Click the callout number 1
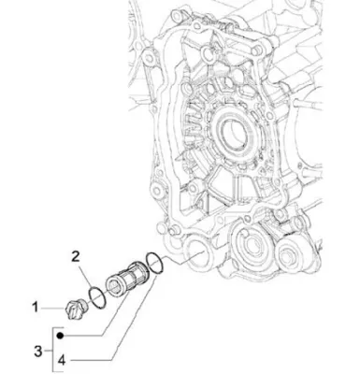coord(36,308)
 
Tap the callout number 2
coord(76,256)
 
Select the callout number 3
coord(37,352)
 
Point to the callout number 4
coord(62,361)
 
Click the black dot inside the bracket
coord(61,336)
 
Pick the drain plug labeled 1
coord(77,308)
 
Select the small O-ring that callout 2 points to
coord(98,297)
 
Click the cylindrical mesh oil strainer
coord(127,279)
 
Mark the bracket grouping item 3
coord(52,351)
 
